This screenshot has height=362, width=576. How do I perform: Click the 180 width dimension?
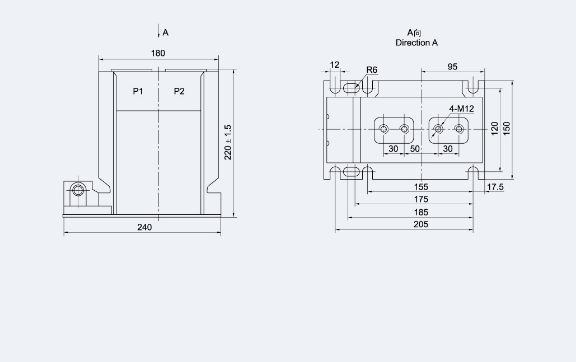(158, 53)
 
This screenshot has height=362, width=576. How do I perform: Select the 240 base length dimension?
(144, 227)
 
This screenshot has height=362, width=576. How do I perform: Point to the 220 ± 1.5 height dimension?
(228, 142)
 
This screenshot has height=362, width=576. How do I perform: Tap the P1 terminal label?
(138, 91)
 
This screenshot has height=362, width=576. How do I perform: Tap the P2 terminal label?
(179, 91)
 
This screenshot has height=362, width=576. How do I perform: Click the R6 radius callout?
(372, 70)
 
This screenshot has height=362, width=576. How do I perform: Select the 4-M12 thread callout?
(461, 109)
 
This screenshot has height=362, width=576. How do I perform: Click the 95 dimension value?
(452, 67)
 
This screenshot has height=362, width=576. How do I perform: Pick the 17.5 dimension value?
(495, 187)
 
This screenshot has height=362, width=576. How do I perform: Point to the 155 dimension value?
(421, 187)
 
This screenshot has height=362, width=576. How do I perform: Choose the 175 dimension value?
(421, 199)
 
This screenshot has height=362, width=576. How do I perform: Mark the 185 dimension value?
(421, 212)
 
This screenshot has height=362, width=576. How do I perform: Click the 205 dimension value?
(421, 224)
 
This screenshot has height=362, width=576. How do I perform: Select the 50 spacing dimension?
(415, 149)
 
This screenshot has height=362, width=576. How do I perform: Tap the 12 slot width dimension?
(335, 65)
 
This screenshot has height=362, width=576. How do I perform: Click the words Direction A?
(416, 43)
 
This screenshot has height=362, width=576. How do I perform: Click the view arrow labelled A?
(160, 32)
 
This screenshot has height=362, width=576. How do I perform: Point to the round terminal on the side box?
(77, 190)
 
